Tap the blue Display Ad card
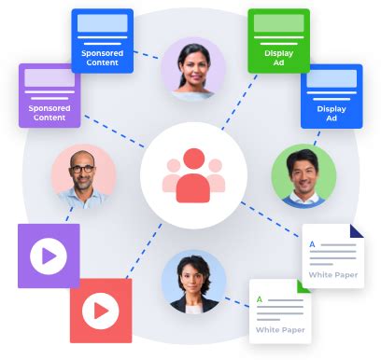tap(331, 96)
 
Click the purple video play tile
tap(49, 255)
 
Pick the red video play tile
tap(101, 310)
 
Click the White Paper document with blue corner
tap(332, 256)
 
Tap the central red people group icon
tap(192, 175)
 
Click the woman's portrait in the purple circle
tap(192, 68)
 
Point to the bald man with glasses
tap(84, 175)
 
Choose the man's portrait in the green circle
tap(303, 175)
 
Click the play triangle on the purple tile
tap(50, 255)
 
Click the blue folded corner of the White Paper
tap(355, 230)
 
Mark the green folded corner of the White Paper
tap(303, 285)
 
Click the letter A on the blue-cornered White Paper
tap(312, 245)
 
